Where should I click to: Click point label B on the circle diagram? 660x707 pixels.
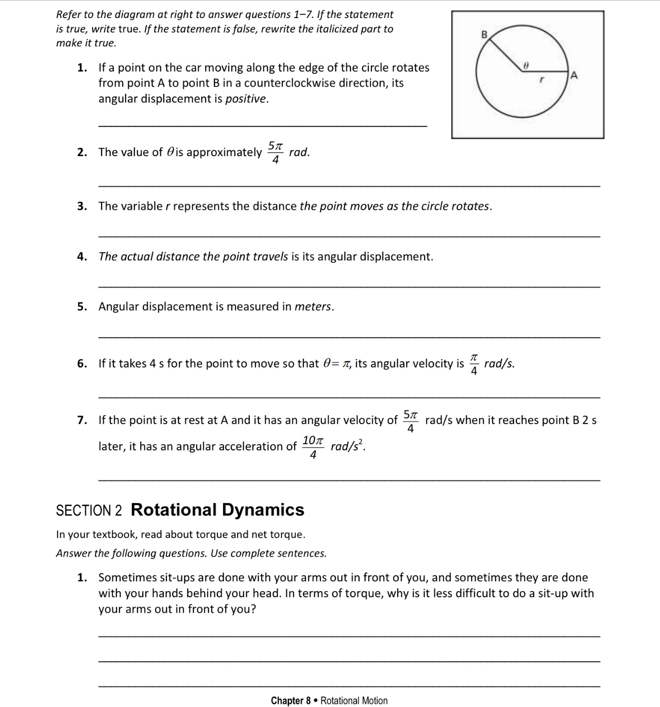(484, 35)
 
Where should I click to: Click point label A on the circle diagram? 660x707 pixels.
(575, 76)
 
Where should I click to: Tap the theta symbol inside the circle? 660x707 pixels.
(526, 66)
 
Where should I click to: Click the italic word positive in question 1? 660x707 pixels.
(246, 99)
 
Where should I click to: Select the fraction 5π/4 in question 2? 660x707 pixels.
(276, 153)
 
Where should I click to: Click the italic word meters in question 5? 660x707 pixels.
(313, 307)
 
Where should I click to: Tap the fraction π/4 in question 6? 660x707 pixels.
(474, 364)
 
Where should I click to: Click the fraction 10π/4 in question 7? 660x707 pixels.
(313, 446)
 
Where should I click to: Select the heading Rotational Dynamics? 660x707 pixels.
(217, 510)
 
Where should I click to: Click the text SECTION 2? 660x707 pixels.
(89, 511)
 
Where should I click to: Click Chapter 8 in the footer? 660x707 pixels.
(291, 700)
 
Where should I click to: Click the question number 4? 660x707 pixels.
(81, 257)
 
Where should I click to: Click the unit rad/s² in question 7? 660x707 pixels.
(347, 446)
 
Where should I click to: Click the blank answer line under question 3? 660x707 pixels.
(348, 236)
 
